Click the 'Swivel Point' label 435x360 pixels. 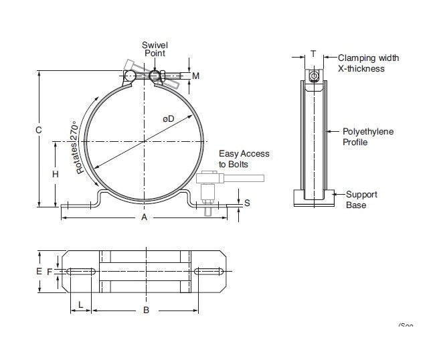coord(153,49)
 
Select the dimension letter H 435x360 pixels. coord(56,174)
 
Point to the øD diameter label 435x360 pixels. coord(168,118)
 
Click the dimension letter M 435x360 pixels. coord(196,76)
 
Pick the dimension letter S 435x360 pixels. coord(247,203)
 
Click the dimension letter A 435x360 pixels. coord(144,218)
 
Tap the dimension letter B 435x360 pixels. coord(146,310)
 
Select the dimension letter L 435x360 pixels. coord(81,304)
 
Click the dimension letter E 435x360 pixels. coord(39,271)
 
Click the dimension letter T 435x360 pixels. coord(313,54)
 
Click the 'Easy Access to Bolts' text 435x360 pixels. coord(244,159)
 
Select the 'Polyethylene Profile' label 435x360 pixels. coord(368,137)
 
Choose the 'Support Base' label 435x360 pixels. coord(361,199)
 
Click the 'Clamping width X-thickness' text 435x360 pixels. coord(368,63)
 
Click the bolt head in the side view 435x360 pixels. coord(313,75)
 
